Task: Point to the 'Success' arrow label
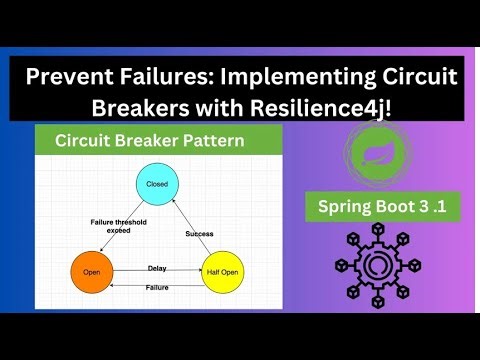(x=200, y=233)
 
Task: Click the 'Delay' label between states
(x=157, y=268)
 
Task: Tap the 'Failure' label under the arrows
(x=157, y=289)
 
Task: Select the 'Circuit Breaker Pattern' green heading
(x=149, y=141)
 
